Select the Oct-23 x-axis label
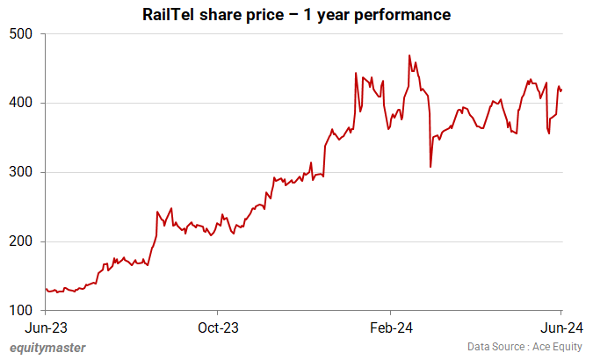point(217,328)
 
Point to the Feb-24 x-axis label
point(390,328)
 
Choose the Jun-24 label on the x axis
point(561,328)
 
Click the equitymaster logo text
point(48,348)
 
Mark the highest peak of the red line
point(409,56)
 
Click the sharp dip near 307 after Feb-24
point(430,167)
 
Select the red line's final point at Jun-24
point(562,90)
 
